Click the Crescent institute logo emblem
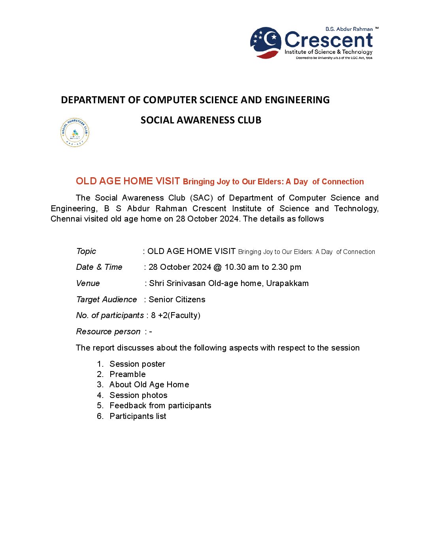click(x=266, y=43)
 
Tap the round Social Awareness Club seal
click(x=75, y=133)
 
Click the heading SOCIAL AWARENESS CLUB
click(x=201, y=120)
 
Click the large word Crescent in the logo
click(x=328, y=40)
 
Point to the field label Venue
click(x=88, y=283)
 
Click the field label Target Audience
click(x=106, y=299)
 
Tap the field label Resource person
click(x=108, y=332)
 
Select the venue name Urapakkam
click(x=287, y=283)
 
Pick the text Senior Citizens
click(x=177, y=299)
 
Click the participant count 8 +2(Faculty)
click(x=176, y=315)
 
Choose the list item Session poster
click(x=137, y=364)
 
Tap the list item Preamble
click(x=128, y=374)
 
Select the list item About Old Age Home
click(x=149, y=385)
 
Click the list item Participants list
click(x=138, y=416)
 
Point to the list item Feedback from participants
click(x=160, y=405)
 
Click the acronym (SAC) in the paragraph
click(x=202, y=198)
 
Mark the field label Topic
click(x=86, y=251)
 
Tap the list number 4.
click(x=100, y=395)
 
